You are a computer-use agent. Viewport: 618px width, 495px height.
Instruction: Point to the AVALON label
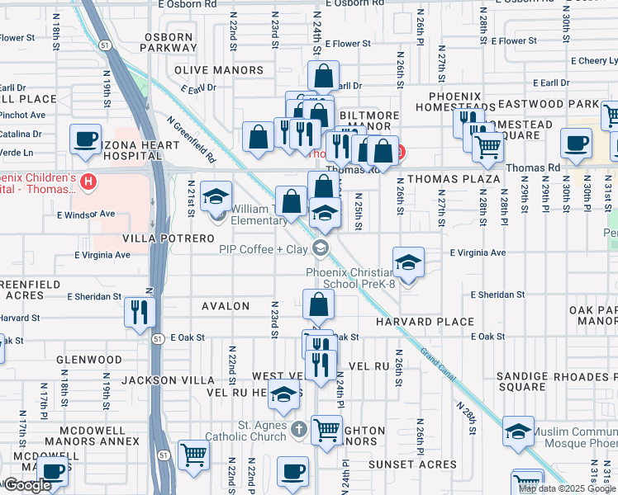pyautogui.click(x=226, y=306)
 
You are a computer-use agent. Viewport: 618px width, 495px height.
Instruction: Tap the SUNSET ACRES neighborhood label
pyautogui.click(x=412, y=464)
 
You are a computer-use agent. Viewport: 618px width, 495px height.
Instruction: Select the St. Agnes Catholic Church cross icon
pyautogui.click(x=299, y=429)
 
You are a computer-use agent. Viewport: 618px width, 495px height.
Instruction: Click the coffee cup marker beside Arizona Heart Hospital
pyautogui.click(x=85, y=139)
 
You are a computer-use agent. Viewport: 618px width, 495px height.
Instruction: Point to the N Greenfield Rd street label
pyautogui.click(x=191, y=138)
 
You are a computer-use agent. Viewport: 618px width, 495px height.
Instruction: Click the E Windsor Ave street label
pyautogui.click(x=85, y=214)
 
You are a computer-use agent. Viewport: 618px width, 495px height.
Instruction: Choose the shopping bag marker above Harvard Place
pyautogui.click(x=318, y=304)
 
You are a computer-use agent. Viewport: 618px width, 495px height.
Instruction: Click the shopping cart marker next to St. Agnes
pyautogui.click(x=327, y=429)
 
